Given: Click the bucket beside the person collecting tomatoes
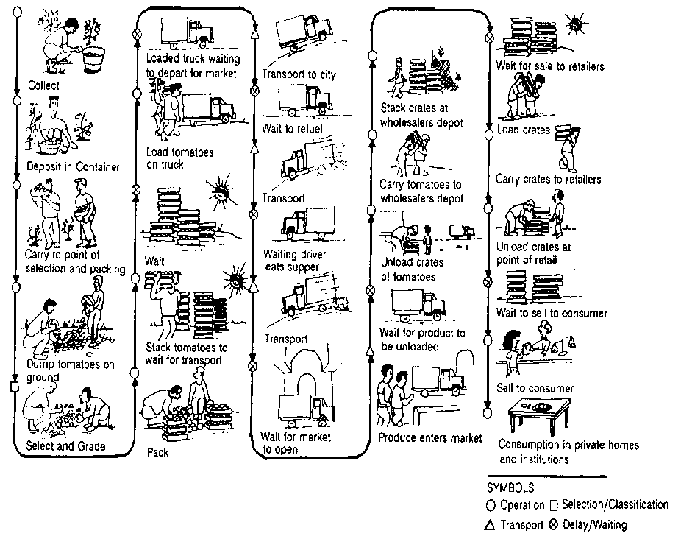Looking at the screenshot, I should pos(91,59).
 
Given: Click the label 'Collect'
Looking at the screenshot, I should pos(43,85).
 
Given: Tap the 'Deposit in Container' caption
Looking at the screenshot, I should pos(73,166).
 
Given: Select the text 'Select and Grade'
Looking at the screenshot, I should pos(66,446).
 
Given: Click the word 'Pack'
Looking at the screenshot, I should pos(157,452).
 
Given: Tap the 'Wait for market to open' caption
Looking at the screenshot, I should pos(296,443).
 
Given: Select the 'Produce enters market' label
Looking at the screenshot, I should pos(430,439).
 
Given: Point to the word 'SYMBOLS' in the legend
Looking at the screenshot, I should pos(511,487).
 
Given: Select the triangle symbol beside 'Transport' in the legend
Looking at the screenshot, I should pos(492,525).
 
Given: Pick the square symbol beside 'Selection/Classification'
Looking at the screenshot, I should pos(555,506).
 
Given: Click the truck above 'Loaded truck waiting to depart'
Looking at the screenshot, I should pos(188,31).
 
